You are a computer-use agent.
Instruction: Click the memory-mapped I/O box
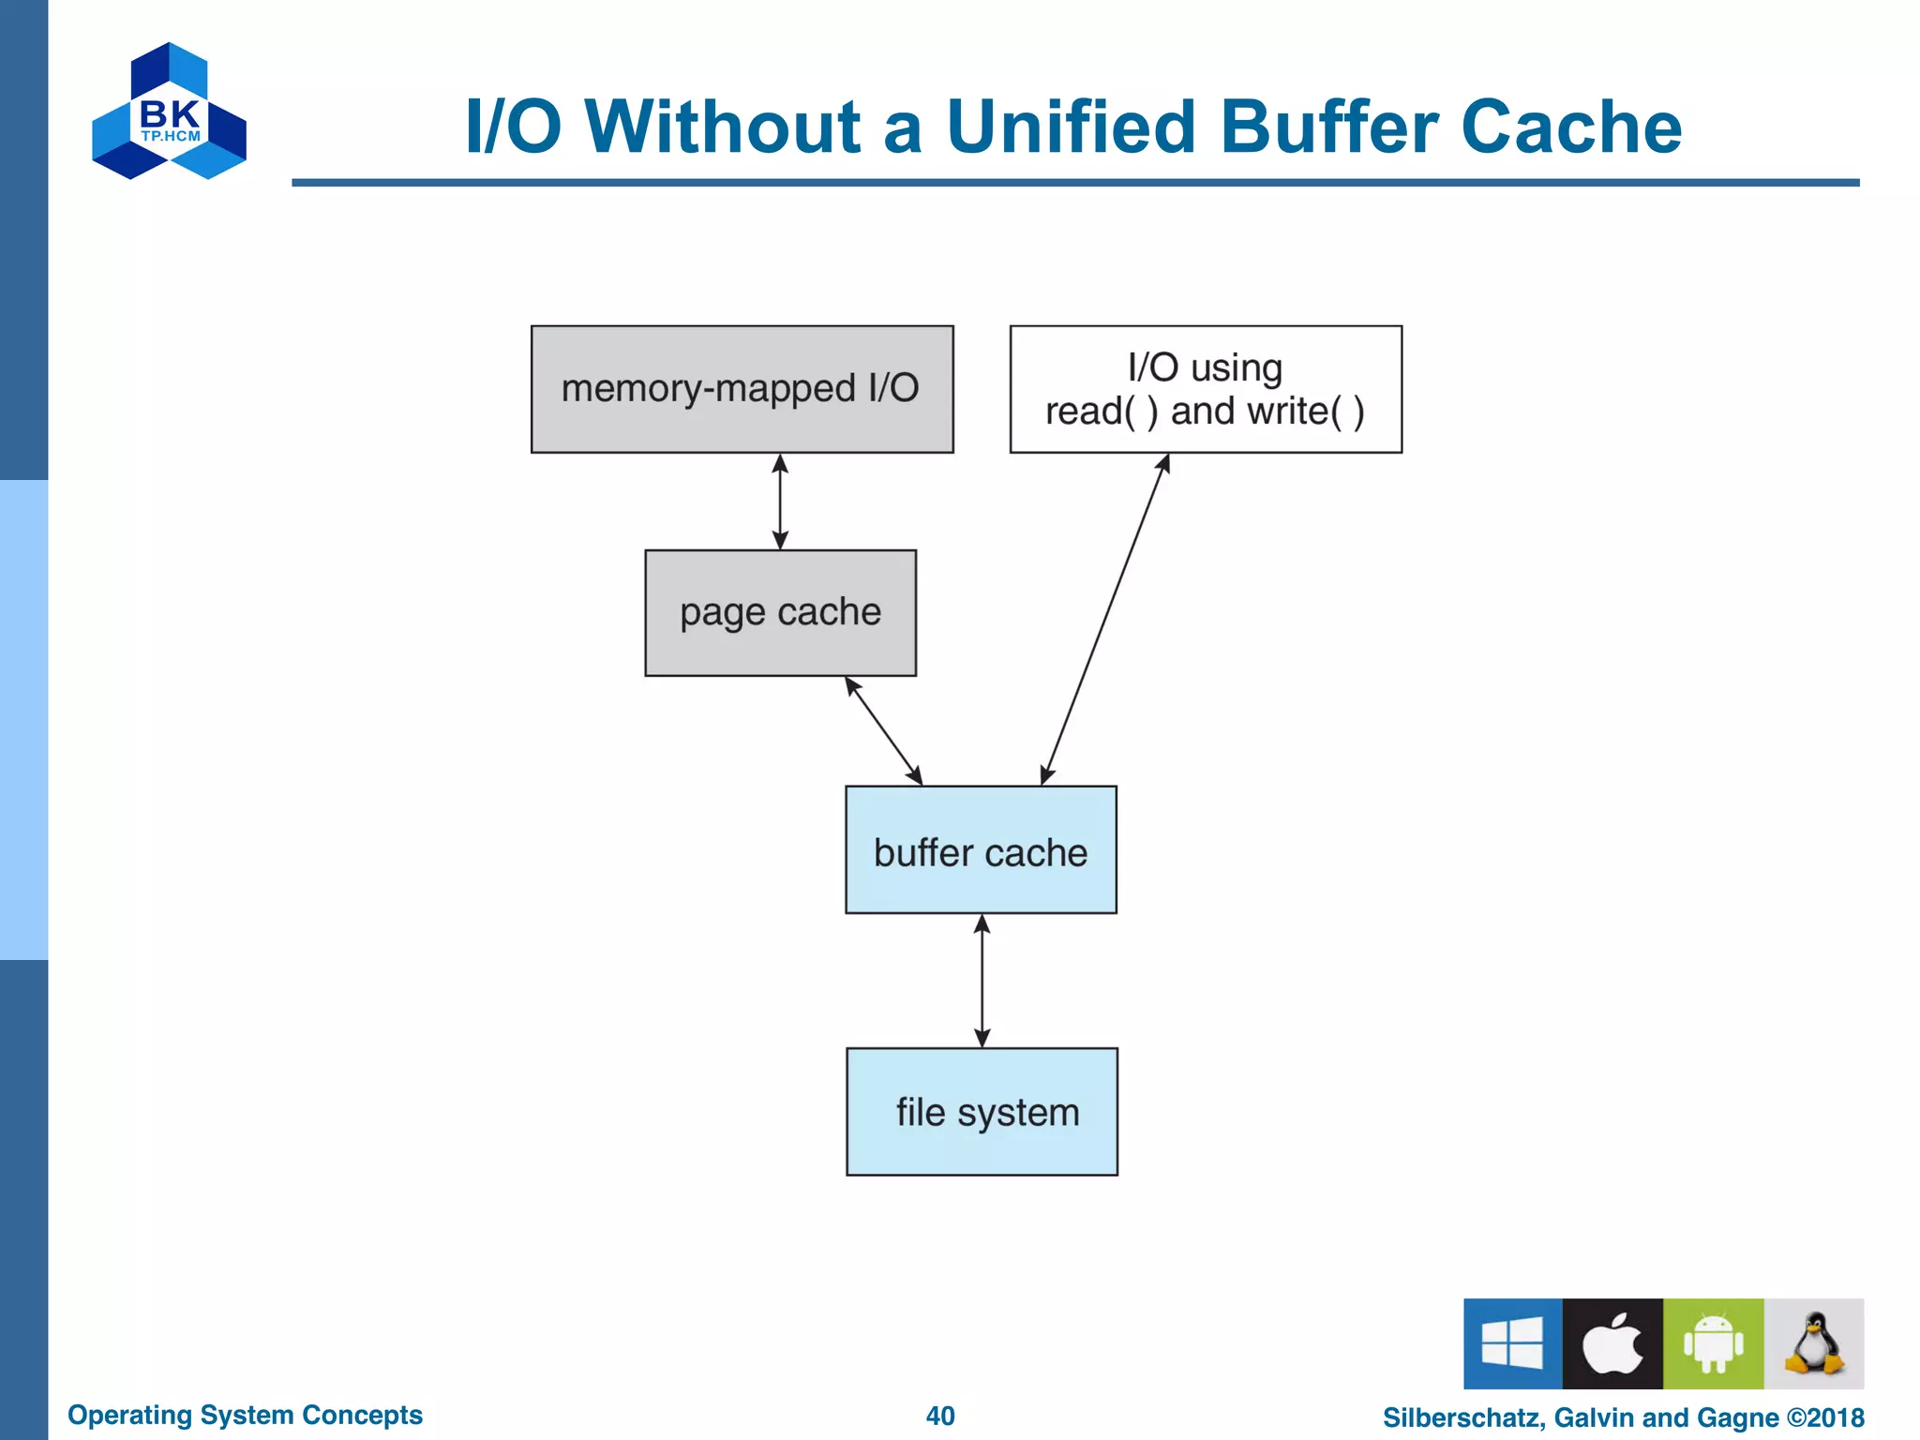pos(742,389)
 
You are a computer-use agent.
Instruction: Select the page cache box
pos(780,612)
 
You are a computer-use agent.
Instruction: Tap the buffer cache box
pos(981,849)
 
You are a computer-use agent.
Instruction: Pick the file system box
pos(982,1111)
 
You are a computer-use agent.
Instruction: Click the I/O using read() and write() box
pos(1206,389)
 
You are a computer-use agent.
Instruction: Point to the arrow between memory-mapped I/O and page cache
pos(780,502)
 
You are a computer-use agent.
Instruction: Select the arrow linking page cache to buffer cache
pos(883,730)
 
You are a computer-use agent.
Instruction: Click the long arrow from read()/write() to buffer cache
pos(1104,619)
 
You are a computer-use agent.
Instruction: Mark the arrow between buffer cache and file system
pos(982,981)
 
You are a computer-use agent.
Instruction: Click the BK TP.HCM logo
pos(170,112)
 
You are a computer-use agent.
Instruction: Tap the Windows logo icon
pos(1512,1342)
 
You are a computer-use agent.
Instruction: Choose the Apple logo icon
pos(1612,1342)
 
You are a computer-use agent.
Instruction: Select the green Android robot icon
pos(1713,1342)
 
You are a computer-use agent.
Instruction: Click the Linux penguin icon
pos(1814,1342)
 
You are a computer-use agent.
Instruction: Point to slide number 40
pos(940,1416)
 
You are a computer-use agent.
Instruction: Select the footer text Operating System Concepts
pos(245,1415)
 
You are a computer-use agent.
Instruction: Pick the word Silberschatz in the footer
pos(1463,1417)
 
